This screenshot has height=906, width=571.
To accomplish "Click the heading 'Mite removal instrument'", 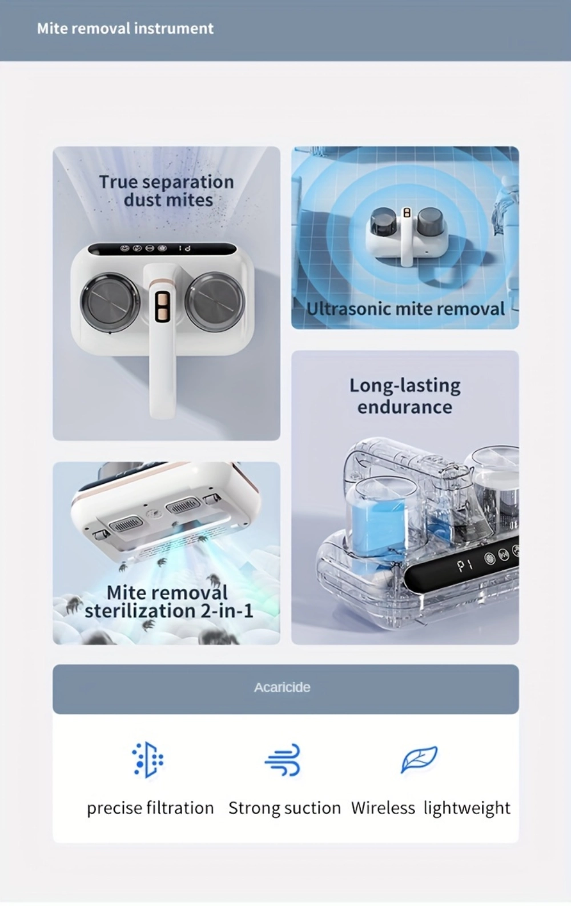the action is [x=126, y=29].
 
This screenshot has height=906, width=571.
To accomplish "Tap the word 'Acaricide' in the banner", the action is [x=282, y=687].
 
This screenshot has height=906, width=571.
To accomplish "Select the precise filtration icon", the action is [x=147, y=760].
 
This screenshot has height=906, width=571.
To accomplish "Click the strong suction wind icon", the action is [x=282, y=760].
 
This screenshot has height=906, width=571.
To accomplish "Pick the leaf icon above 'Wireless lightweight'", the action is [x=419, y=759].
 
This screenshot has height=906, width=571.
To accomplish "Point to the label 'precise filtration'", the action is [x=150, y=808].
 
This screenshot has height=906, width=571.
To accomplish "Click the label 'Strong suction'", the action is [x=285, y=808].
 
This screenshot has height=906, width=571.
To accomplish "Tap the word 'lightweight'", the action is [x=467, y=808].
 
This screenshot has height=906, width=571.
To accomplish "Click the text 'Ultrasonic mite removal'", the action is [x=405, y=308].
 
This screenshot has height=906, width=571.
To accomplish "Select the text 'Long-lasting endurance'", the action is [x=405, y=395].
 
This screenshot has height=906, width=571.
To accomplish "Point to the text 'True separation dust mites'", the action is [x=167, y=190].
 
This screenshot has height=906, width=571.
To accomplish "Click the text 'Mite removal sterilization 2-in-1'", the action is [x=168, y=602].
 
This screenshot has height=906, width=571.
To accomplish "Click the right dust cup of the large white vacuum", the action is [x=215, y=301].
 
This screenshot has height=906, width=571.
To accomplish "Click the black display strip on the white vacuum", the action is [x=162, y=248].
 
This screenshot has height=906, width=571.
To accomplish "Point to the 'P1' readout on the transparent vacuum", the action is [x=465, y=566].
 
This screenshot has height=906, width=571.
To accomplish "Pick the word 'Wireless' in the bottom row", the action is [x=383, y=808].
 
